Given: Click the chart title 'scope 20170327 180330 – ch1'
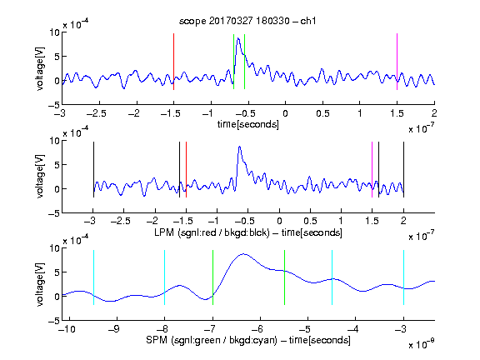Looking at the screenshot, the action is point(247,21).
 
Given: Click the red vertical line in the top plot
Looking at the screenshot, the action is point(174,62).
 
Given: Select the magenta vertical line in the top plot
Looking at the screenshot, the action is point(397,62).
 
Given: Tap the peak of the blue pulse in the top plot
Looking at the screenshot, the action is point(238,38).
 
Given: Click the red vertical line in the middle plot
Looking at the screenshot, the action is point(186,170).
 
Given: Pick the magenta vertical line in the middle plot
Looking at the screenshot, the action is point(372,170).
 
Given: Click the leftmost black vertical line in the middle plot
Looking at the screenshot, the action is point(93,170).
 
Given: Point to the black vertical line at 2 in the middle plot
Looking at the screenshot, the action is point(403,170).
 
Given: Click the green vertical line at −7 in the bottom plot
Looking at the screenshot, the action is point(212,277).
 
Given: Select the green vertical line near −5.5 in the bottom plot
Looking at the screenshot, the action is point(284,277).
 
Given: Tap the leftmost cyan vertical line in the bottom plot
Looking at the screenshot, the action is point(93,277).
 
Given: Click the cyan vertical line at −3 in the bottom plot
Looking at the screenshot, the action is point(403,277).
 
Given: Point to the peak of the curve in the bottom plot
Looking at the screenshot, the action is point(243,254).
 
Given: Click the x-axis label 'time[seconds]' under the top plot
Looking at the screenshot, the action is point(248,124).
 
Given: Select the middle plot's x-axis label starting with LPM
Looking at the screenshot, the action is point(248,232).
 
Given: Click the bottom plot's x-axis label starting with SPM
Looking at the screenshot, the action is point(248,340).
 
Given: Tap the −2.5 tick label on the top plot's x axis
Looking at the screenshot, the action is point(97,113).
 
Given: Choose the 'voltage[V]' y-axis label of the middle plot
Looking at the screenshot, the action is point(40,177).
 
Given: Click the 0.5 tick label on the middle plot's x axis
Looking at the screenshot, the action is point(310,221).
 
